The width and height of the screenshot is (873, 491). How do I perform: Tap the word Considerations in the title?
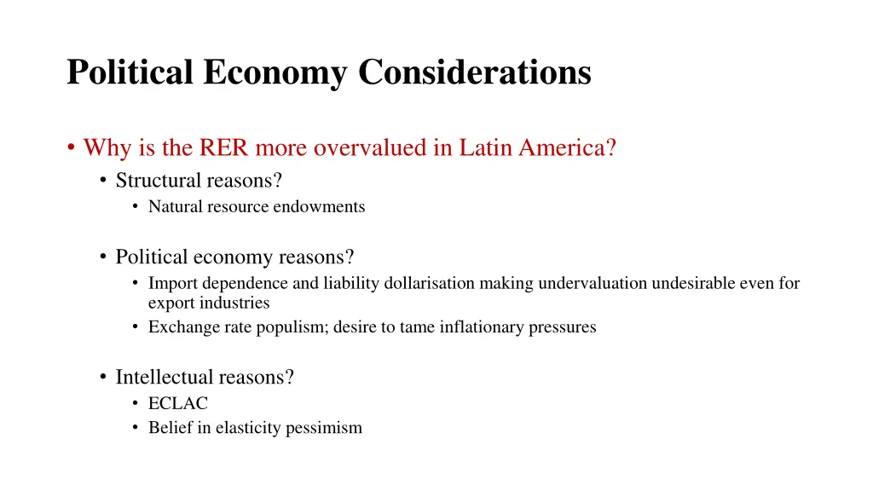474,72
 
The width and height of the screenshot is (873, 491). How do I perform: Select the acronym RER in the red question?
224,148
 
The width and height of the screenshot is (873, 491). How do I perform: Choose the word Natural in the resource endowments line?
175,206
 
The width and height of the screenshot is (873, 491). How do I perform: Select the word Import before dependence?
172,283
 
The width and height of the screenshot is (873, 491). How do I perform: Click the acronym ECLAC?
177,403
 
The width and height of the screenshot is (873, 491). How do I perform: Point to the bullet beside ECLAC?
136,404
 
